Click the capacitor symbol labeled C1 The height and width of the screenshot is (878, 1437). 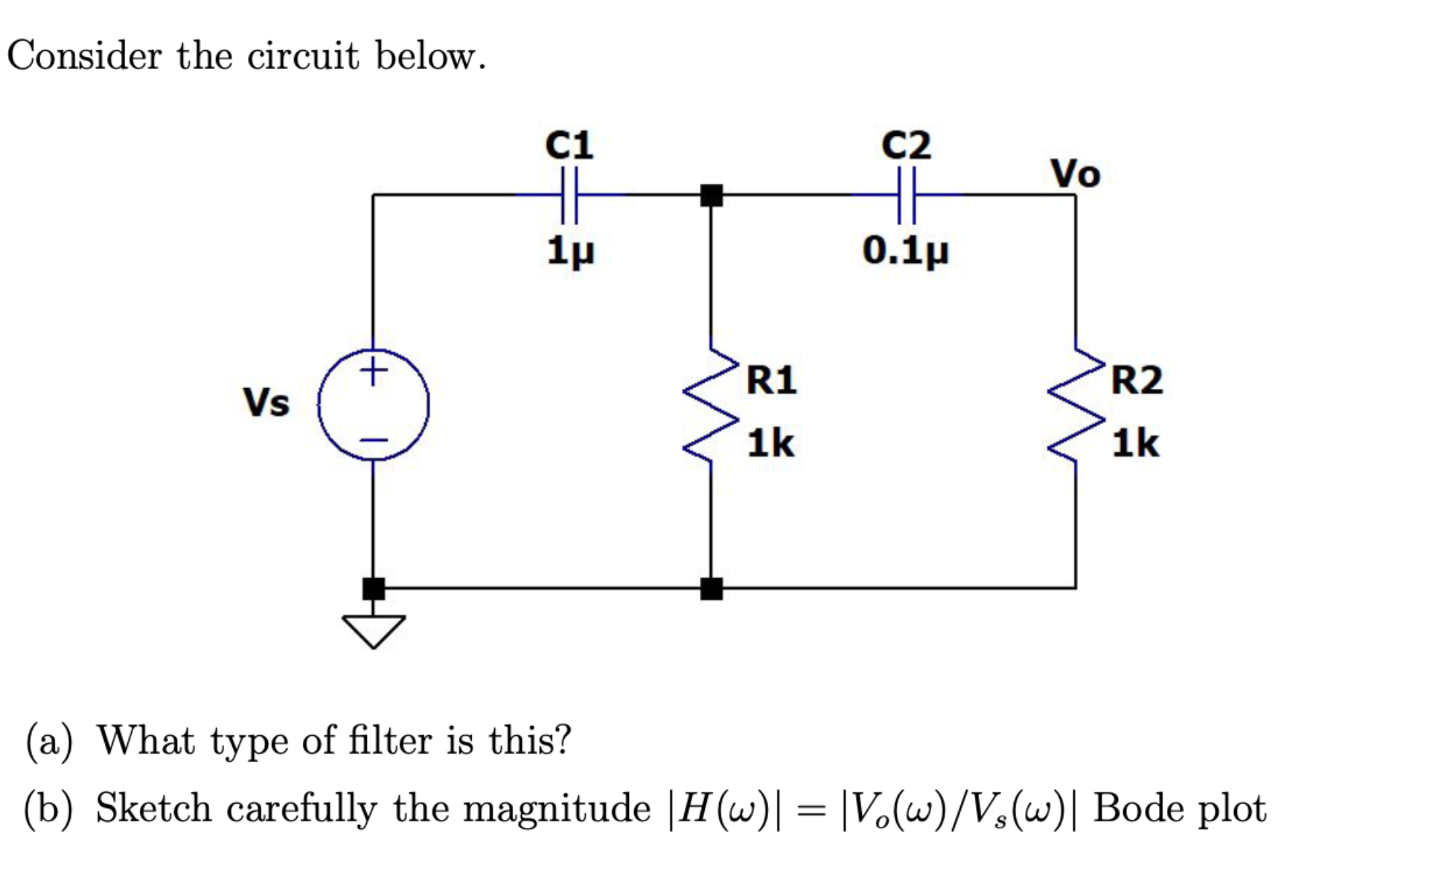(x=569, y=195)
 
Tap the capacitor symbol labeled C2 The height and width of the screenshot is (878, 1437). (x=906, y=195)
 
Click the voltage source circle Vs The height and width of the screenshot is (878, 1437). (x=373, y=405)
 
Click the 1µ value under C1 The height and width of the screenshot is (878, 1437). (x=570, y=252)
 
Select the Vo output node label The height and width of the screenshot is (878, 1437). (x=1075, y=174)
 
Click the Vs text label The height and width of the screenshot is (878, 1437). (x=266, y=403)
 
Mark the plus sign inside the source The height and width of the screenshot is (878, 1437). (x=373, y=371)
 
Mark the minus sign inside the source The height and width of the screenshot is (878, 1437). (x=374, y=440)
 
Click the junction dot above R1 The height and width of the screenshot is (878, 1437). (x=711, y=195)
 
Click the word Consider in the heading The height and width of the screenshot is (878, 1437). (x=84, y=56)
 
